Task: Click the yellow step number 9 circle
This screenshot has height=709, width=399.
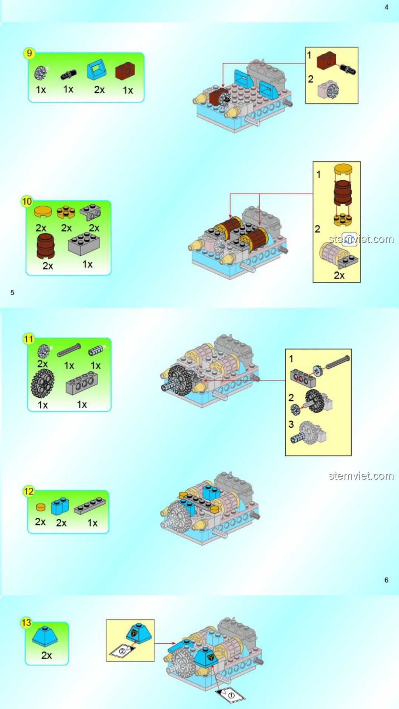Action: [x=29, y=53]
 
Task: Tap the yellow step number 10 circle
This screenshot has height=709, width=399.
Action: [x=27, y=201]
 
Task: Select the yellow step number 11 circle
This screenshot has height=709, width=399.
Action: [x=28, y=339]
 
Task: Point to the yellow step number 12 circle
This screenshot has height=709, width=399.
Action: [x=28, y=491]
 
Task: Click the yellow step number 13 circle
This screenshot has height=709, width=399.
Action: [x=26, y=623]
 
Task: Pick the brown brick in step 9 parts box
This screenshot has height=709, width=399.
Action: [x=125, y=71]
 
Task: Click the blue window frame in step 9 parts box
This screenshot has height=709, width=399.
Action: [x=97, y=70]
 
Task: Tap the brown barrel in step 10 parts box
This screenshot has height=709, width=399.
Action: [x=46, y=246]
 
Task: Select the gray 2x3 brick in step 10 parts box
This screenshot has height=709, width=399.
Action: [x=84, y=244]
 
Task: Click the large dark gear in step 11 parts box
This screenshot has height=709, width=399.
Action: [x=42, y=384]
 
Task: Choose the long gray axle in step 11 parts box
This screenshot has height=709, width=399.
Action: [x=69, y=350]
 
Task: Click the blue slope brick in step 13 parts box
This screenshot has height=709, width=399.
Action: [x=45, y=637]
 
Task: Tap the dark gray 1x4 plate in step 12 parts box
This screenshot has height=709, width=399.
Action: [x=89, y=506]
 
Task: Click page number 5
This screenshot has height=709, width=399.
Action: [x=12, y=292]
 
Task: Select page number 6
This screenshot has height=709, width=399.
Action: [x=386, y=580]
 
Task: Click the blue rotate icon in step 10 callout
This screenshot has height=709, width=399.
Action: [x=349, y=239]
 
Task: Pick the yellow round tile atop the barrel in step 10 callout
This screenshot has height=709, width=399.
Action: [x=343, y=169]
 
